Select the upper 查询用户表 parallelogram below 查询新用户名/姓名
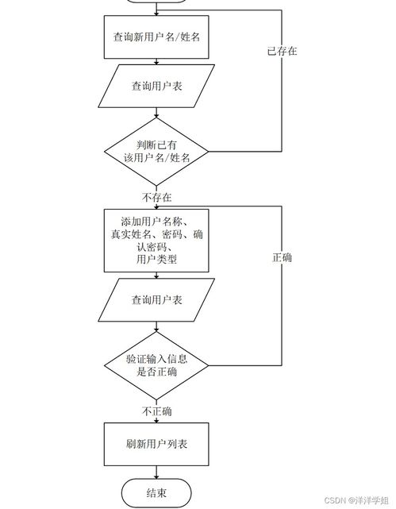tap(156, 85)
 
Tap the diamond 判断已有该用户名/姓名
tap(156, 151)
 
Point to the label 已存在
tap(282, 51)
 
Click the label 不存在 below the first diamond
tap(156, 196)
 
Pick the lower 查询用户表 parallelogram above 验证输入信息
tap(156, 299)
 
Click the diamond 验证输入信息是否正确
tap(156, 365)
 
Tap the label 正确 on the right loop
tap(282, 258)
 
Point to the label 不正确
tap(156, 411)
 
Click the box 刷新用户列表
tap(156, 444)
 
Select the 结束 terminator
tap(156, 493)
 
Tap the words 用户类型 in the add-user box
tap(156, 260)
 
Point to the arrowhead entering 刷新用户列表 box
tap(156, 422)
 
